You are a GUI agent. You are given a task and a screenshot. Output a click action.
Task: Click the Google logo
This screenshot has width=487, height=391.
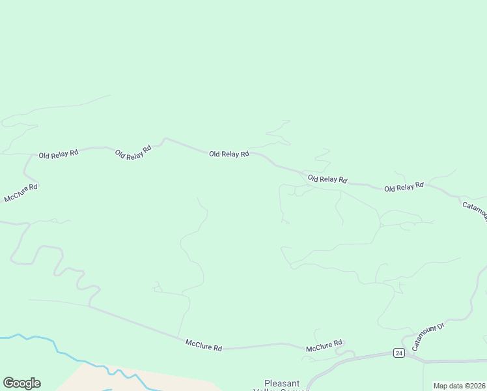pos(21,383)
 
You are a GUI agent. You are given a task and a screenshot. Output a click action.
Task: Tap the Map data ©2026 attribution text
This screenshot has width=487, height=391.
pos(459,386)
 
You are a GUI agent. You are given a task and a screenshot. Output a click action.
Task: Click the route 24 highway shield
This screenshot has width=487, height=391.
pos(398,353)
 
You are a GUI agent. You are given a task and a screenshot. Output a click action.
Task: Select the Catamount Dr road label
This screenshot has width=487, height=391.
pos(427,333)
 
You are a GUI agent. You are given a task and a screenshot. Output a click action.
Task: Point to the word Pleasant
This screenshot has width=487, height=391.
pos(283,383)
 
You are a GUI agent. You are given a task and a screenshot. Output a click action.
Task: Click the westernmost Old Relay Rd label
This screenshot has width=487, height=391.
pos(59,154)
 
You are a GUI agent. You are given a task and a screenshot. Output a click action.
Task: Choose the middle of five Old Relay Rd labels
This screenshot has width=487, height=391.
pos(229,154)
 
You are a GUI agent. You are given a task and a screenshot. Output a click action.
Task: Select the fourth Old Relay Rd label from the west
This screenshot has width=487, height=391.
pos(327,179)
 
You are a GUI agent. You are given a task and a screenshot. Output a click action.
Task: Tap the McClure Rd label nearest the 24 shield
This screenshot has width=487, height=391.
pos(324,347)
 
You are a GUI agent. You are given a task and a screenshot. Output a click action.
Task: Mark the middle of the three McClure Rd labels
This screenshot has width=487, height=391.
pos(203,345)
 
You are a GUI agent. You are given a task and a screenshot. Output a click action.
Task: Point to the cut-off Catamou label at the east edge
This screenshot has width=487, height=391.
pos(475,211)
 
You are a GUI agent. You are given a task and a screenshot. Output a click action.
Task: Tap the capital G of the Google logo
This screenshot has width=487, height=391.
pos(9,383)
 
